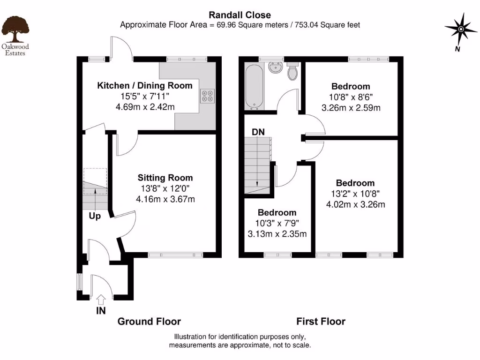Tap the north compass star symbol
(460, 29)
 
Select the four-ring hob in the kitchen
(207, 96)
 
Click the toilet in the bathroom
(292, 72)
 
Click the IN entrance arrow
(101, 299)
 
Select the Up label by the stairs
(95, 217)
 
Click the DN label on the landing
(258, 132)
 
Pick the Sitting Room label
(165, 178)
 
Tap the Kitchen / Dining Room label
(144, 85)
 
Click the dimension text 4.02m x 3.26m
(355, 204)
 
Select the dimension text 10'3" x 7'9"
(277, 223)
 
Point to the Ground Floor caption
(149, 321)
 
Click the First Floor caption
(321, 321)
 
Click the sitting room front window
(175, 255)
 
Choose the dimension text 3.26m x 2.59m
(351, 107)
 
